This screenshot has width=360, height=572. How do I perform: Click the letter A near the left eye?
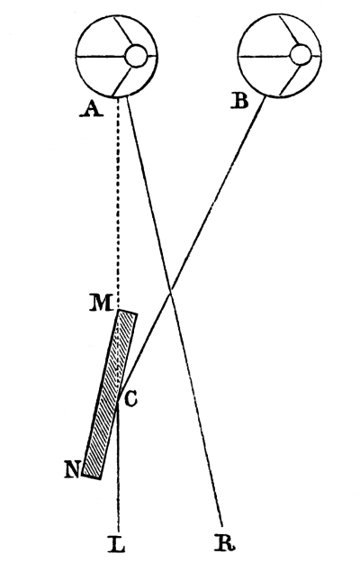[x=92, y=109]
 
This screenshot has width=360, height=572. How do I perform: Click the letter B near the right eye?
[x=240, y=101]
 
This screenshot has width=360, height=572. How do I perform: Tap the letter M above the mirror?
[x=101, y=304]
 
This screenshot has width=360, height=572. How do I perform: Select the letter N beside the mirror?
[x=72, y=470]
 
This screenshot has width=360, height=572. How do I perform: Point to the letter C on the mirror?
[x=130, y=399]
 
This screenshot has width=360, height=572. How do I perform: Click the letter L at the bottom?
[x=117, y=543]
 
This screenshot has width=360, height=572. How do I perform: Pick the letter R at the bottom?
[x=225, y=543]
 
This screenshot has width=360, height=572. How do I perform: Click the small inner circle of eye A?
[x=136, y=56]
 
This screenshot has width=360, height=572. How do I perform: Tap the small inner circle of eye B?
[x=301, y=55]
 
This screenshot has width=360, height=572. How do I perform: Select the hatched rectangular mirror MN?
[x=110, y=395]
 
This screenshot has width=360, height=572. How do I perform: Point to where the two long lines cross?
[x=170, y=290]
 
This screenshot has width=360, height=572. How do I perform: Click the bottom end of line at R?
[x=222, y=527]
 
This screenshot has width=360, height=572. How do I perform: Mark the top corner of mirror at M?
[x=121, y=310]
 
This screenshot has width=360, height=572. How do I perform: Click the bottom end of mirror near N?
[x=91, y=477]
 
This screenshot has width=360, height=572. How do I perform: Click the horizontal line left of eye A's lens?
[x=101, y=57]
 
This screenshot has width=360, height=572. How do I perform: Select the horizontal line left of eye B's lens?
[x=265, y=57]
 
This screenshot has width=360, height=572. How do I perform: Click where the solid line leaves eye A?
[x=126, y=97]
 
